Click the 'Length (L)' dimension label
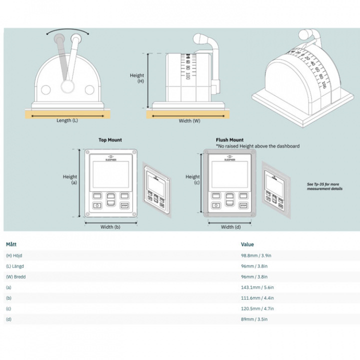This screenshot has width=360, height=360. click(67, 120)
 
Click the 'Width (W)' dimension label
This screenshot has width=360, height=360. click(189, 120)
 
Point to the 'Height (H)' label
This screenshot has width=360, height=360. click(137, 78)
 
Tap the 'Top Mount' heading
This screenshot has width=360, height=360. click(110, 140)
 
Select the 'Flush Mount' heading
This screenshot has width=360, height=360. click(229, 140)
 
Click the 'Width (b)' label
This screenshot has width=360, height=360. click(110, 227)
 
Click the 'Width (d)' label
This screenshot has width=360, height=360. click(230, 227)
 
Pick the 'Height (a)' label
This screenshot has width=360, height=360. click(70, 179)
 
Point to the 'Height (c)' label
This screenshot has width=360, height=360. click(192, 179)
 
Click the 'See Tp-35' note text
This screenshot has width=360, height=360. click(324, 186)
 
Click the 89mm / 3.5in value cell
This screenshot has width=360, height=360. click(254, 319)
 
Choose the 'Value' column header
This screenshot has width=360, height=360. click(247, 244)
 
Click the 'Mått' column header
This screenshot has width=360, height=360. click(11, 244)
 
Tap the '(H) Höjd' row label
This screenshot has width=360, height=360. click(14, 255)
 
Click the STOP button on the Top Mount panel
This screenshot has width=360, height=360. click(124, 205)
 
